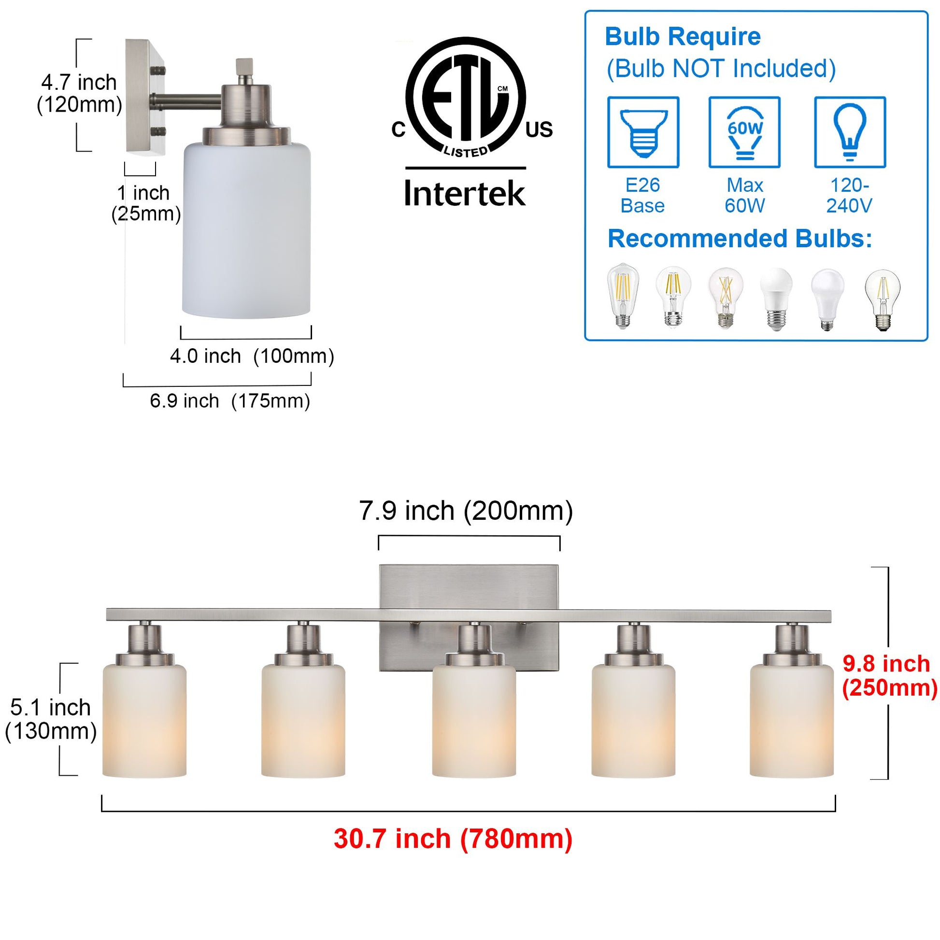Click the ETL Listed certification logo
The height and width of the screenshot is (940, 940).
(x=466, y=97)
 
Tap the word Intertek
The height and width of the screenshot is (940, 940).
(x=465, y=194)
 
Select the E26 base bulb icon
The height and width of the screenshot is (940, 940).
(x=643, y=132)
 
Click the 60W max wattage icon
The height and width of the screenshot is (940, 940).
(x=744, y=132)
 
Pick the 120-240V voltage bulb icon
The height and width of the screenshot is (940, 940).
(x=850, y=132)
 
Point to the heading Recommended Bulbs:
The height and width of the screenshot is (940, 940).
(x=740, y=239)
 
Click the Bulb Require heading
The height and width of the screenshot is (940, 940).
(x=683, y=37)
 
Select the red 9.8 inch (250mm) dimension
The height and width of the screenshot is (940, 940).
(x=889, y=676)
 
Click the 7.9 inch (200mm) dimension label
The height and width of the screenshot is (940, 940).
(x=466, y=511)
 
